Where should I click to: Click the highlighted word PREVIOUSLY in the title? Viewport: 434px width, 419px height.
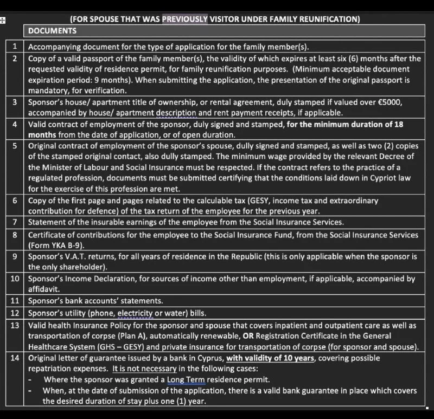pyautogui.click(x=184, y=19)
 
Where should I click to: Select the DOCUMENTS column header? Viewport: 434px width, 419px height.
pyautogui.click(x=52, y=31)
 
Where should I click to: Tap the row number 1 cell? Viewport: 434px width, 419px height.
pyautogui.click(x=15, y=47)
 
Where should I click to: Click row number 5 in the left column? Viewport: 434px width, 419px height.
pyautogui.click(x=15, y=146)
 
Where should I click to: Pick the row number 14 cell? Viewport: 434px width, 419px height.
pyautogui.click(x=15, y=358)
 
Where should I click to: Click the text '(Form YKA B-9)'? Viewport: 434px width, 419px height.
pyautogui.click(x=54, y=246)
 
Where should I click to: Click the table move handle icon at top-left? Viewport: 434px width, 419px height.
pyautogui.click(x=3, y=21)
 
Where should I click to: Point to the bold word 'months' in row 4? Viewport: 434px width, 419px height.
pyautogui.click(x=42, y=134)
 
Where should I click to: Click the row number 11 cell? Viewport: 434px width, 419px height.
pyautogui.click(x=15, y=301)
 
